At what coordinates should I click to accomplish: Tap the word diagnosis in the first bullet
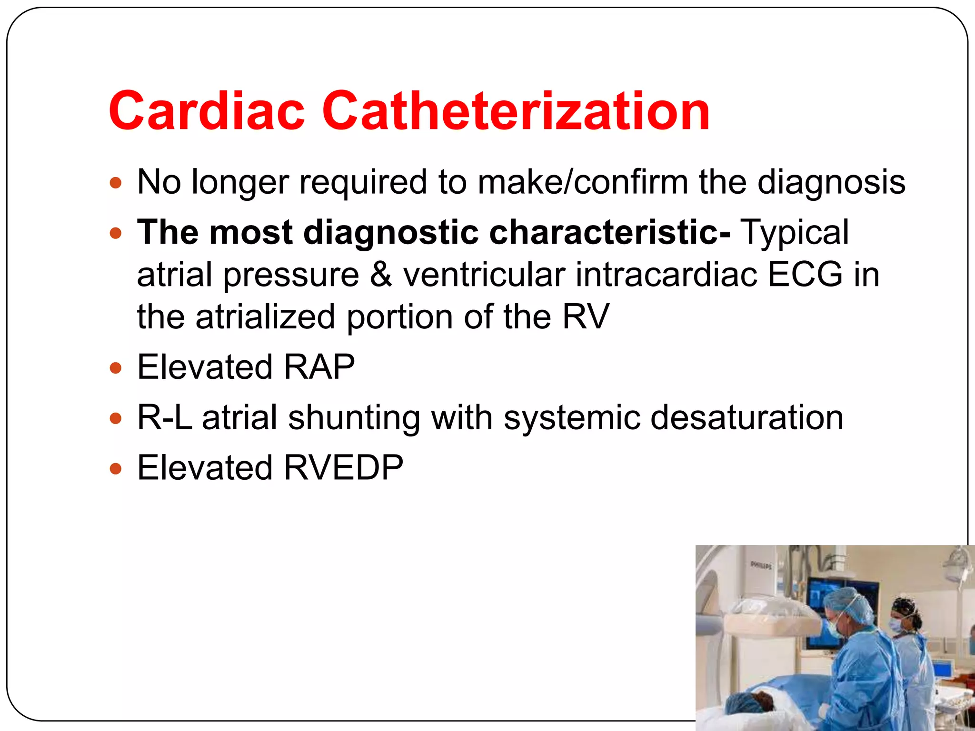coord(831,182)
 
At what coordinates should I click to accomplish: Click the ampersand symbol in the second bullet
coord(381,275)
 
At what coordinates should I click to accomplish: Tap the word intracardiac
coord(666,275)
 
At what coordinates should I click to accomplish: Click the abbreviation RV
coord(586,317)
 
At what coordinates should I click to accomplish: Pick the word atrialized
coord(265,317)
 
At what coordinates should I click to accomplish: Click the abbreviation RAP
coord(319,367)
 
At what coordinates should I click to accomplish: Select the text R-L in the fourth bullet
coord(165,418)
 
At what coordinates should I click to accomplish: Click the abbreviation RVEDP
coord(343,468)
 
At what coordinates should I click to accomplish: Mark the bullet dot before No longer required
coord(116,183)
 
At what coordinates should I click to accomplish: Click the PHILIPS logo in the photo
coord(761,565)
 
